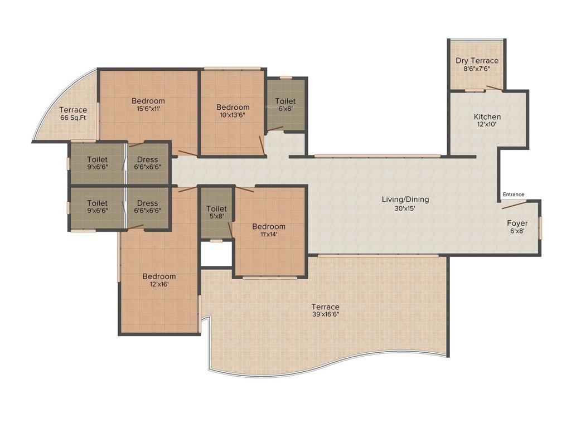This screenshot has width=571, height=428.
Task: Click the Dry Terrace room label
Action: pos(477,61)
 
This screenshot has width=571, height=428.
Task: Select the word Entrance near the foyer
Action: pos(514,194)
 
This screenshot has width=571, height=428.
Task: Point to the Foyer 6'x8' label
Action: pos(516,226)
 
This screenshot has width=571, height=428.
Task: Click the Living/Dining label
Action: pos(405,199)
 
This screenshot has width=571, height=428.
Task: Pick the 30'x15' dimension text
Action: pos(405,208)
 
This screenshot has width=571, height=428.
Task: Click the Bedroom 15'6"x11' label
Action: pos(148,105)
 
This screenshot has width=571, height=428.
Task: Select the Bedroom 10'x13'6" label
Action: pos(233,111)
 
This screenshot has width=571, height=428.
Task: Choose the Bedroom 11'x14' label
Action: pos(268,230)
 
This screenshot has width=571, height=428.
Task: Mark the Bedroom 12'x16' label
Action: pos(159,280)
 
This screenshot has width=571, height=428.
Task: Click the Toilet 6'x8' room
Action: pos(285,105)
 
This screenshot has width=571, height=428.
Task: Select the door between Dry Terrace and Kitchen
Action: pos(493,87)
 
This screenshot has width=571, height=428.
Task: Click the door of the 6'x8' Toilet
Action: pos(274,129)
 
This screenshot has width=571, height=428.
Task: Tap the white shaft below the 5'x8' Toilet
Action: pos(216,254)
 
